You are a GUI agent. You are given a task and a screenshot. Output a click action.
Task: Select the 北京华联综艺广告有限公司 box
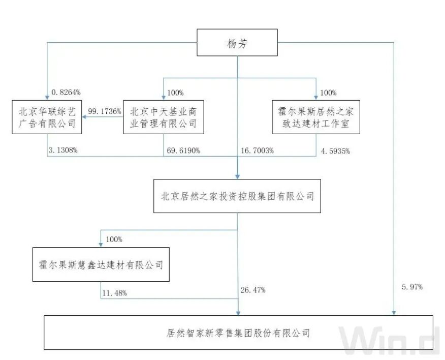coord(47,117)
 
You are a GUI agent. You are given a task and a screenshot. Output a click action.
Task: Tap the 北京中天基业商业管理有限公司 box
coord(164,117)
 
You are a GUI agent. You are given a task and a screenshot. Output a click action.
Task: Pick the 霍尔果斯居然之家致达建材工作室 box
coord(316,117)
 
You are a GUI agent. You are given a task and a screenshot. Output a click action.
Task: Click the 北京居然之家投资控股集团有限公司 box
coord(237,196)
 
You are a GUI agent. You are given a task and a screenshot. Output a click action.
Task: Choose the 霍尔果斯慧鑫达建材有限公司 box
coord(101,264)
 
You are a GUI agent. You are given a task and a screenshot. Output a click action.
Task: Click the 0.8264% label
coord(66,93)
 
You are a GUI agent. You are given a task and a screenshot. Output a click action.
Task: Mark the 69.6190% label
coord(183,151)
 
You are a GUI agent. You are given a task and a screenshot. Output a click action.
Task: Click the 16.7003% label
coord(257,151)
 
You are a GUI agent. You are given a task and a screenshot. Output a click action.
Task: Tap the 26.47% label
coord(252,290)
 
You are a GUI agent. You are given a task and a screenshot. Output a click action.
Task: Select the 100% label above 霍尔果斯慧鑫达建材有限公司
coord(114,239)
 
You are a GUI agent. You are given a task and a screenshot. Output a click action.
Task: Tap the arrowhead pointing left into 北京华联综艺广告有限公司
coord(84,117)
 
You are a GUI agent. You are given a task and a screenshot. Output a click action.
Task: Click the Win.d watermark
coord(389,341)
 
